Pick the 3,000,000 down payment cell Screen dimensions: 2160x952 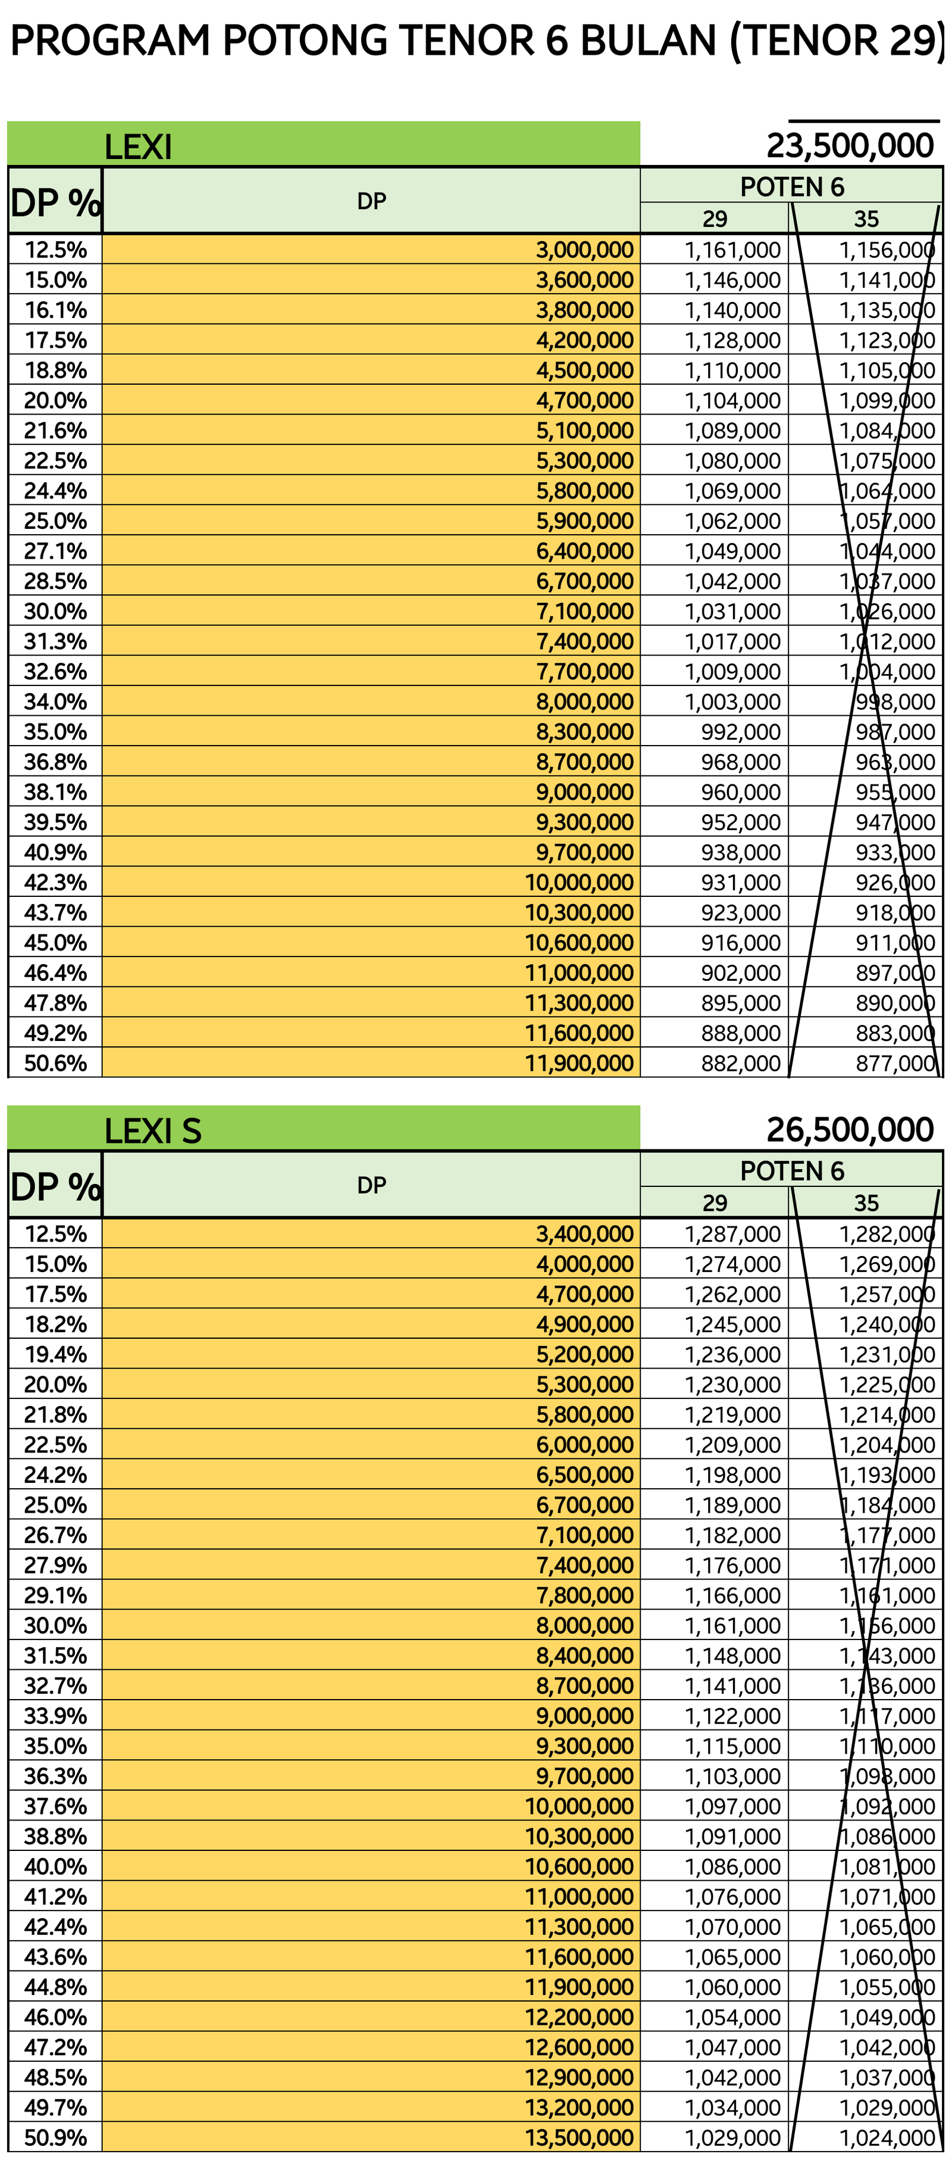(x=584, y=250)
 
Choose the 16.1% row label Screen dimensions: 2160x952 (x=55, y=310)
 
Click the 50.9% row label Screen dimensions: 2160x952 (x=55, y=2137)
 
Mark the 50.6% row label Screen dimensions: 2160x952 (x=55, y=1063)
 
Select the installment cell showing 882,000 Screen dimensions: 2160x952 (x=740, y=1063)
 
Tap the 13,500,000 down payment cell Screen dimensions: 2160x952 (x=579, y=2137)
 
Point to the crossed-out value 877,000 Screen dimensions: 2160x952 (x=894, y=1063)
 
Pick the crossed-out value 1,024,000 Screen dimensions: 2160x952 (x=887, y=2137)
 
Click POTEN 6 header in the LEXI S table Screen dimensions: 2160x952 (x=791, y=1171)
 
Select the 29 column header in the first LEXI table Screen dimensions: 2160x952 (x=714, y=219)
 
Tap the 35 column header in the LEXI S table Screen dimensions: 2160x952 (x=866, y=1203)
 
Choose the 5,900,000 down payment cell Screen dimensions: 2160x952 (x=584, y=520)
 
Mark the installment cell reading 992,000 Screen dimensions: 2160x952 (x=740, y=732)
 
